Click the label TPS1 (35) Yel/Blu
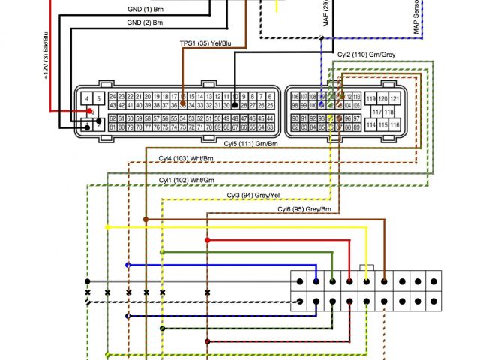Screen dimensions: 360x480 [205, 44]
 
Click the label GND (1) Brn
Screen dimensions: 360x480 [145, 10]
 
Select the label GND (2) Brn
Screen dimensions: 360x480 [145, 23]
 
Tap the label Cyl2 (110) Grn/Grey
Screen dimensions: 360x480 [364, 55]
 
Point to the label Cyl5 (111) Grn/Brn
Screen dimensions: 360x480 [250, 142]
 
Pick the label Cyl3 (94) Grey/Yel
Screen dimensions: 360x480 [253, 195]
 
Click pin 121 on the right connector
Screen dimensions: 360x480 [396, 99]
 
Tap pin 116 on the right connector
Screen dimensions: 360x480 [396, 124]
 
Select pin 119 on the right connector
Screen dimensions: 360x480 [370, 99]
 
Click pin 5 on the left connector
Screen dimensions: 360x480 [98, 99]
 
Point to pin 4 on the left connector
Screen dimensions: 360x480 [88, 99]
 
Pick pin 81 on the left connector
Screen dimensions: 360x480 [112, 127]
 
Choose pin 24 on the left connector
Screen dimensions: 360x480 [112, 97]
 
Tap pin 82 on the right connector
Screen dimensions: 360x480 [295, 127]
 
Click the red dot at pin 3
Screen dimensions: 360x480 [90, 112]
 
